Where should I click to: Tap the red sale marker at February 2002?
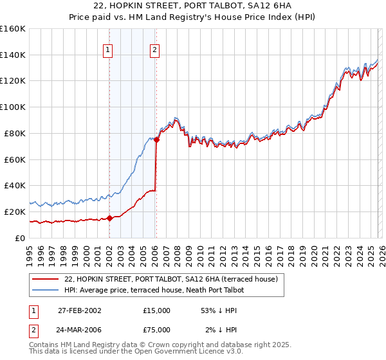pyautogui.click(x=109, y=217)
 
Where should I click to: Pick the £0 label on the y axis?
pyautogui.click(x=20, y=238)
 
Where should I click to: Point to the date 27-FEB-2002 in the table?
pyautogui.click(x=79, y=310)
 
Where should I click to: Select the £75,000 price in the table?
pyautogui.click(x=157, y=331)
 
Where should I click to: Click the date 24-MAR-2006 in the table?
pyautogui.click(x=79, y=331)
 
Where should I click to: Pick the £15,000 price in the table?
pyautogui.click(x=157, y=310)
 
